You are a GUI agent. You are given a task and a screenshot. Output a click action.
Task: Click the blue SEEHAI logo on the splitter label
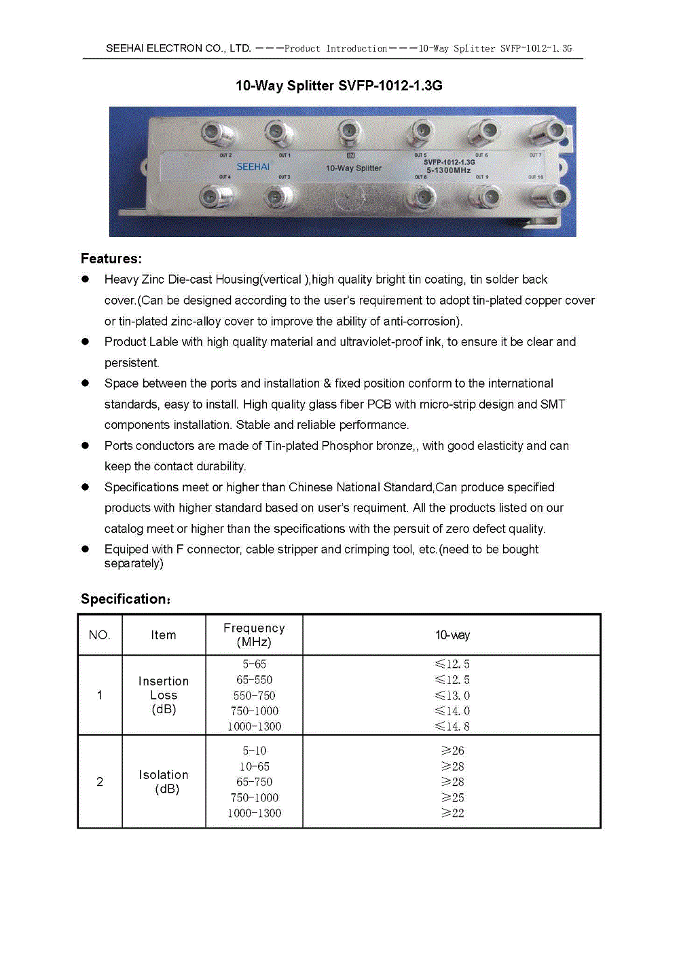253,167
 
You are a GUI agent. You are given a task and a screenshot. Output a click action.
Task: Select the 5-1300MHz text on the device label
449,170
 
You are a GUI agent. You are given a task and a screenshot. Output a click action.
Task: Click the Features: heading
111,259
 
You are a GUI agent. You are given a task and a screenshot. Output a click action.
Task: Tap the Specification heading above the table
126,599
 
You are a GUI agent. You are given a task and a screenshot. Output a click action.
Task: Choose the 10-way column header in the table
452,635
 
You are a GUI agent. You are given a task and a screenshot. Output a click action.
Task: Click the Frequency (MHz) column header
254,635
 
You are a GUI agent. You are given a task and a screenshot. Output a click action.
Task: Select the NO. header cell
99,635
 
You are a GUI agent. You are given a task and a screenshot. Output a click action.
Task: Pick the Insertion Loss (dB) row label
164,695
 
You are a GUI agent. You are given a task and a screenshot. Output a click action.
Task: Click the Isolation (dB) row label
164,782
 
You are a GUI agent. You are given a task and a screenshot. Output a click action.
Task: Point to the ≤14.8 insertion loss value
452,727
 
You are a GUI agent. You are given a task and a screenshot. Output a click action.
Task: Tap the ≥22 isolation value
452,813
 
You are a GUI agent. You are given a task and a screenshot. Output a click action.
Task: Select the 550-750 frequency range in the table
254,696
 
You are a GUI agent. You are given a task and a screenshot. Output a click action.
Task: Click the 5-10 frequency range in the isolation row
254,751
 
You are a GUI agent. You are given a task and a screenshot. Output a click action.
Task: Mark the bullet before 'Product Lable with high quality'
86,342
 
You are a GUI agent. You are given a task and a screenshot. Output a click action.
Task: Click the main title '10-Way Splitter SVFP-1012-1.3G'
339,86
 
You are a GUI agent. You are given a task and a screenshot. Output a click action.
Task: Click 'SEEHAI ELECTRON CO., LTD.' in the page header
179,48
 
